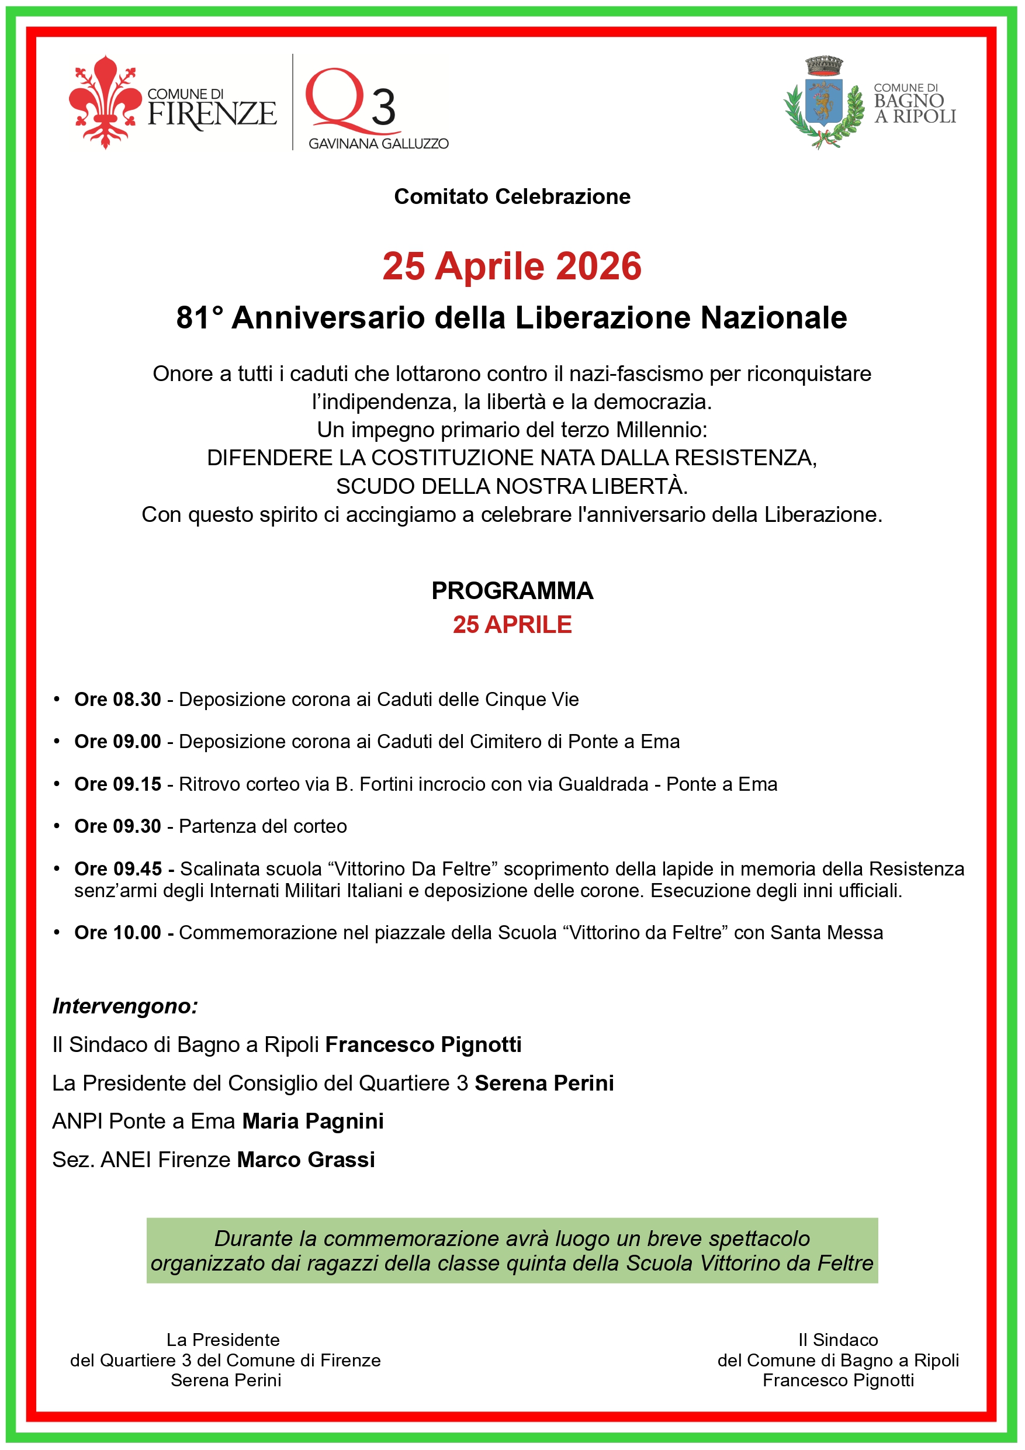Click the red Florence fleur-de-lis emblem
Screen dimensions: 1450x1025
point(105,102)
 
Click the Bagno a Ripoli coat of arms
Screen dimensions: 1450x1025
point(823,103)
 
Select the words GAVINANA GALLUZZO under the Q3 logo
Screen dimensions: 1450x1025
point(378,144)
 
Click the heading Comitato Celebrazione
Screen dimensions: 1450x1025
point(512,196)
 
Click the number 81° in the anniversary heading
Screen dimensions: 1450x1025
point(200,318)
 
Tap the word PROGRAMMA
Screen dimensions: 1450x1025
point(512,590)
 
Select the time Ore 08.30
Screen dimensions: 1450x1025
point(117,699)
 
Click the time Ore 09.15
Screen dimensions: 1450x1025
point(117,784)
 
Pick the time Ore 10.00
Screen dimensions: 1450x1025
point(117,932)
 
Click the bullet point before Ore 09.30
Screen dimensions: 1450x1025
point(57,826)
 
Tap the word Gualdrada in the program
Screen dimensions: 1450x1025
point(603,784)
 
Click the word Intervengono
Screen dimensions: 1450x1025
point(125,1005)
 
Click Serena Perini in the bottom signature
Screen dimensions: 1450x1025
point(226,1380)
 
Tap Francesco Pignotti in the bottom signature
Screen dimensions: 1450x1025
point(838,1380)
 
